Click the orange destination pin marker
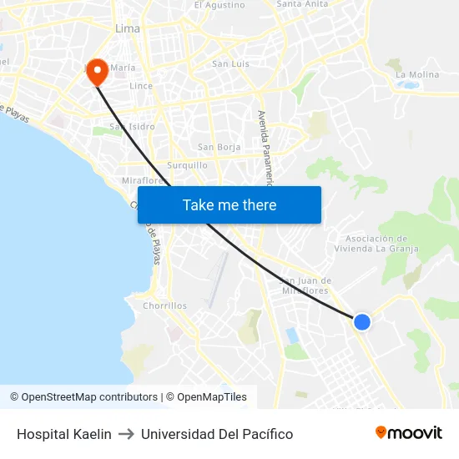click(x=97, y=71)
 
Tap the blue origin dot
click(x=362, y=321)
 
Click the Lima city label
click(x=127, y=28)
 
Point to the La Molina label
click(x=417, y=74)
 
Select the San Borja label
click(x=219, y=147)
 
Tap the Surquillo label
click(x=187, y=165)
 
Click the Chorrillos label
click(x=165, y=305)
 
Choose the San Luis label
click(x=230, y=63)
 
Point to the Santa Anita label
click(x=302, y=4)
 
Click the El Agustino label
click(x=219, y=5)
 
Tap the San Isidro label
click(x=133, y=127)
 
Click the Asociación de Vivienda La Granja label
click(x=371, y=243)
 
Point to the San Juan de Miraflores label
click(x=305, y=285)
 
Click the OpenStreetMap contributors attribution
click(x=83, y=397)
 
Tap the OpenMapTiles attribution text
click(x=206, y=397)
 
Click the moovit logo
click(x=408, y=433)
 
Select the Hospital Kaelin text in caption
click(x=64, y=434)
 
